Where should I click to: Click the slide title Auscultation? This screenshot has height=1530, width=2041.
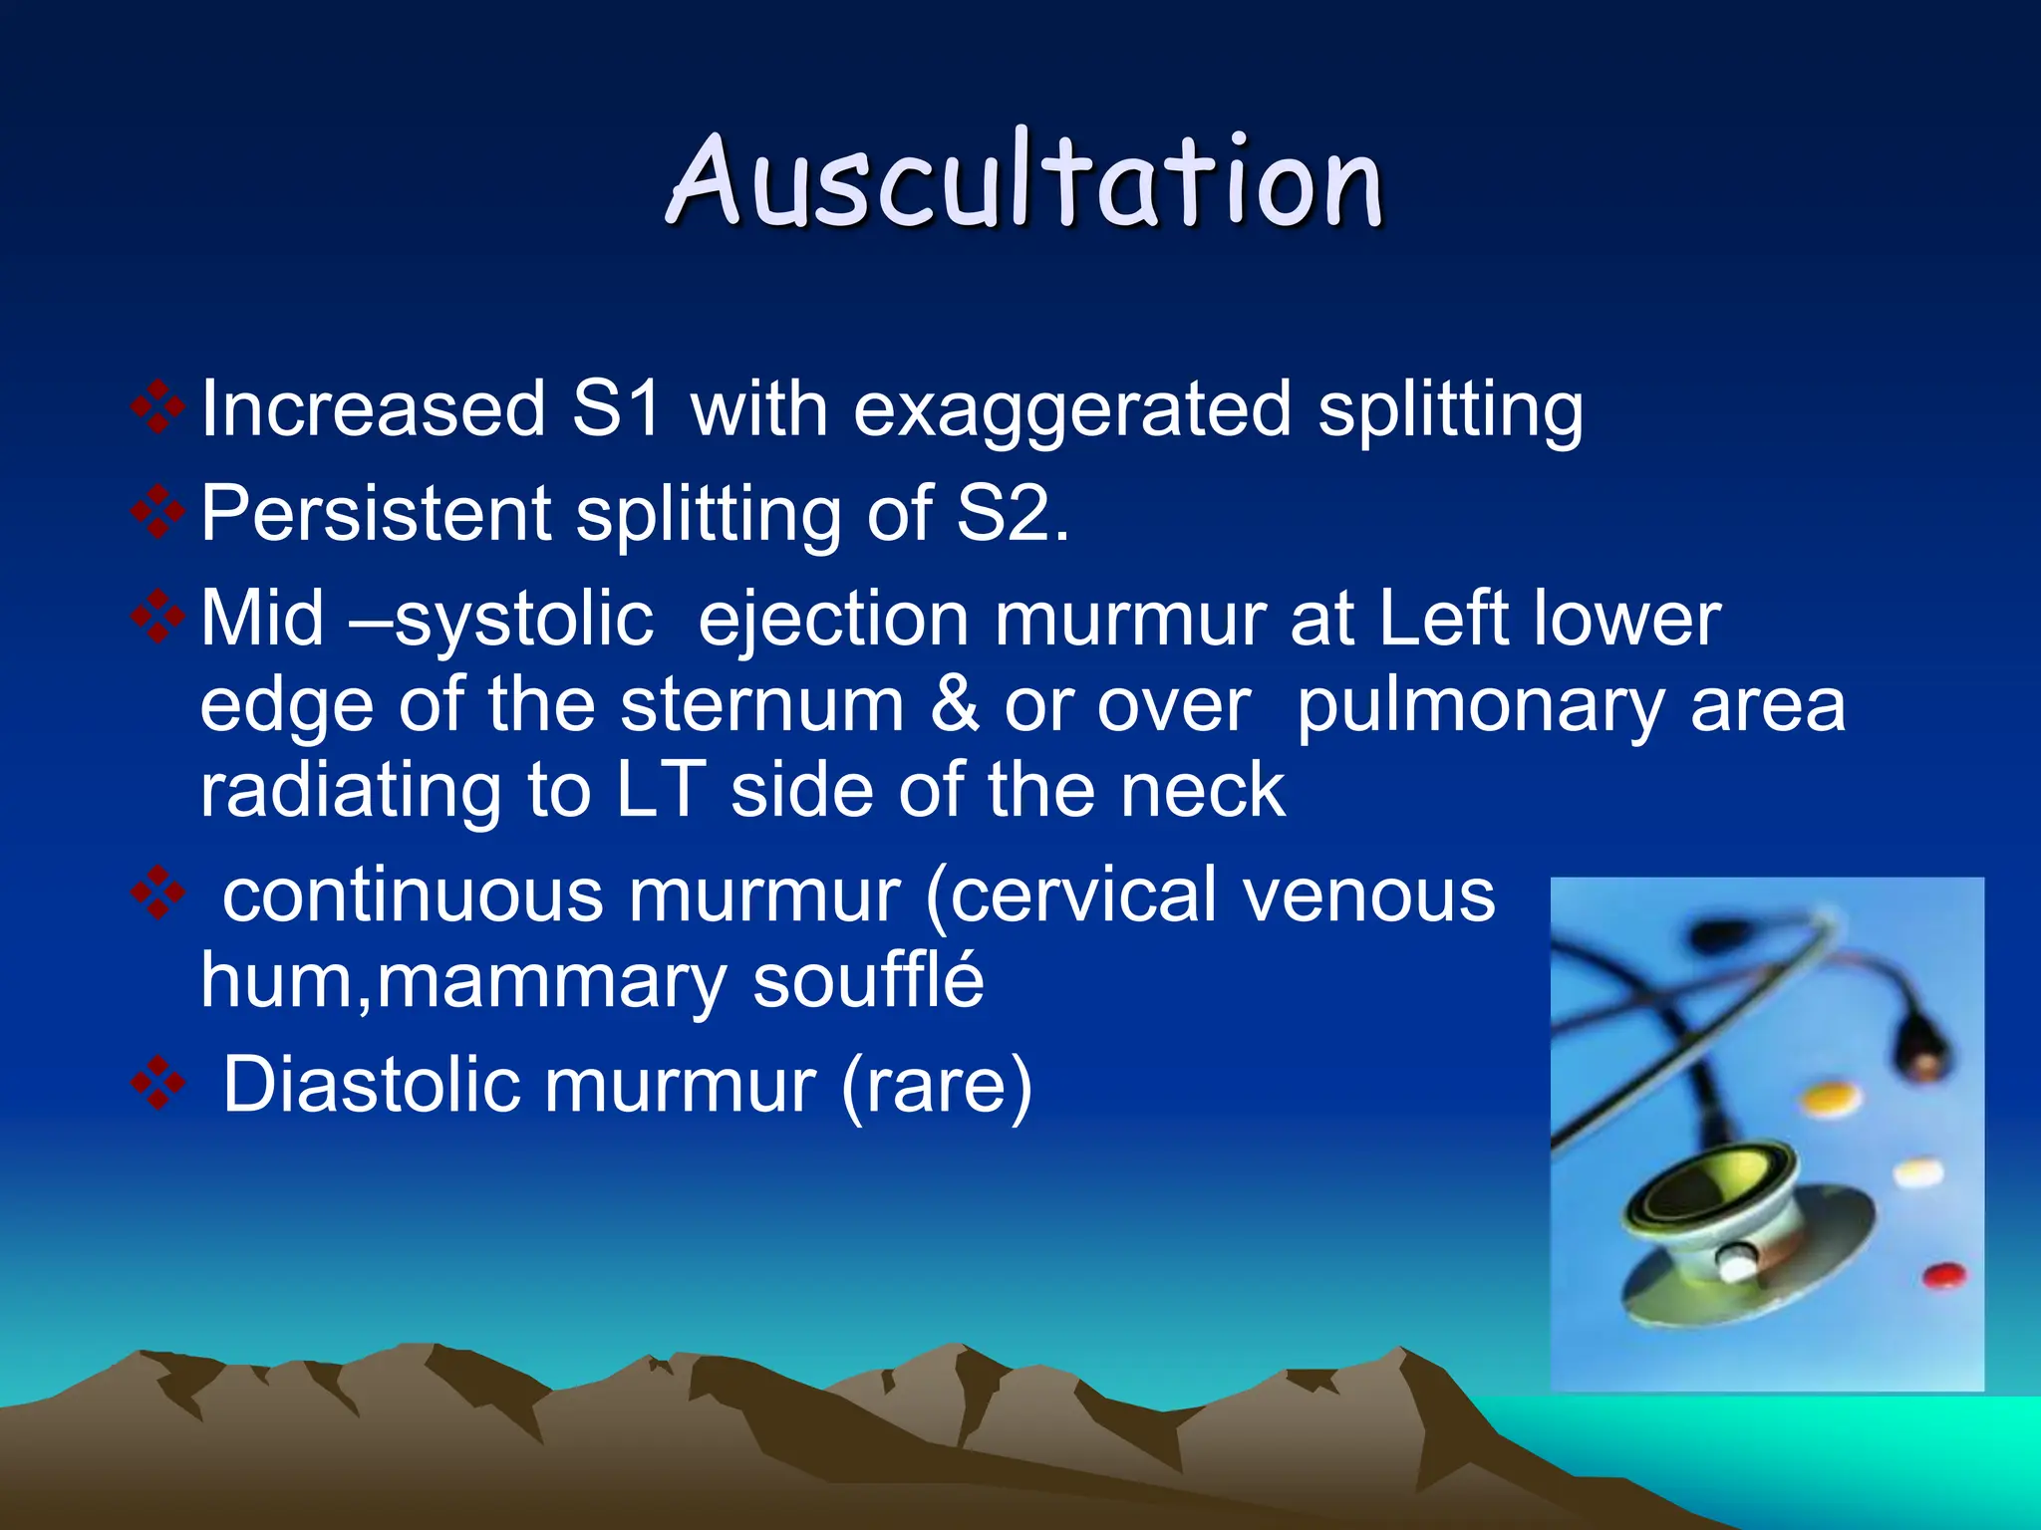tap(1024, 181)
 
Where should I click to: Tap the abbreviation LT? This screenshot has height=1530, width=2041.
tap(662, 791)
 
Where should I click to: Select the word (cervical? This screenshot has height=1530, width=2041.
tap(1071, 894)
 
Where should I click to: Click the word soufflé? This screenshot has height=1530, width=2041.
tap(868, 981)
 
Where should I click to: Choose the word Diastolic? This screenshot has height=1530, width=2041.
tap(371, 1085)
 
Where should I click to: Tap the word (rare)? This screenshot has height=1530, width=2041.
tap(936, 1087)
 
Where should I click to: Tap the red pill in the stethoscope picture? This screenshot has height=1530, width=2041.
tap(1943, 1274)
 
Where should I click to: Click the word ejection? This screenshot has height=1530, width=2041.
tap(833, 620)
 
